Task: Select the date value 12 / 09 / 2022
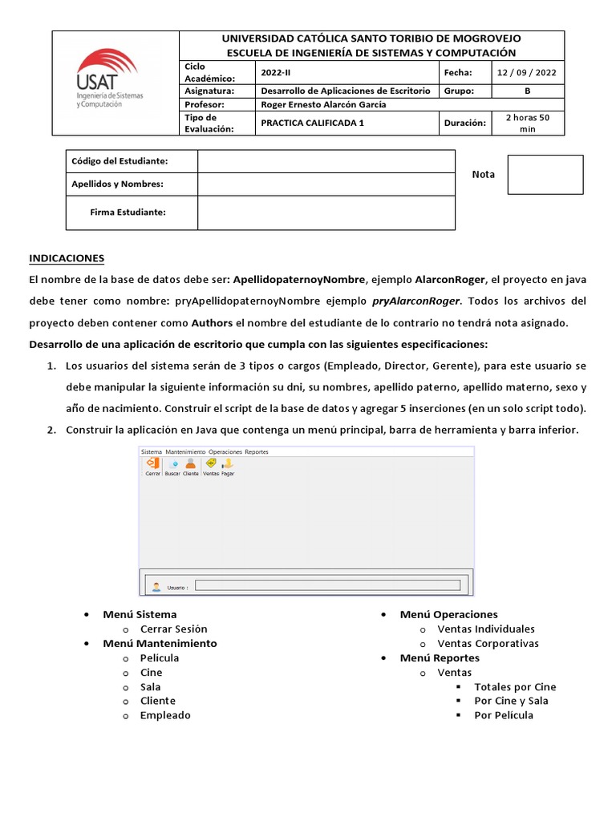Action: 527,72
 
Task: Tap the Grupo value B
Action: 527,91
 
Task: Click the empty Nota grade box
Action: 545,175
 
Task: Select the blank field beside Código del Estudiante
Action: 326,161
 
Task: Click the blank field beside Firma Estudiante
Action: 326,212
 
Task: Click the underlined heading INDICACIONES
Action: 67,258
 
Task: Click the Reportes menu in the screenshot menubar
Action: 257,451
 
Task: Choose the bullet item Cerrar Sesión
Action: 173,629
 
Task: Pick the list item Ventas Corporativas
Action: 488,643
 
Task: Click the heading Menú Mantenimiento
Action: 160,643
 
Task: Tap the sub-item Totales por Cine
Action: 515,686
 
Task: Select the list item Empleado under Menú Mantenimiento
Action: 165,715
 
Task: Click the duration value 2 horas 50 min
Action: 527,123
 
